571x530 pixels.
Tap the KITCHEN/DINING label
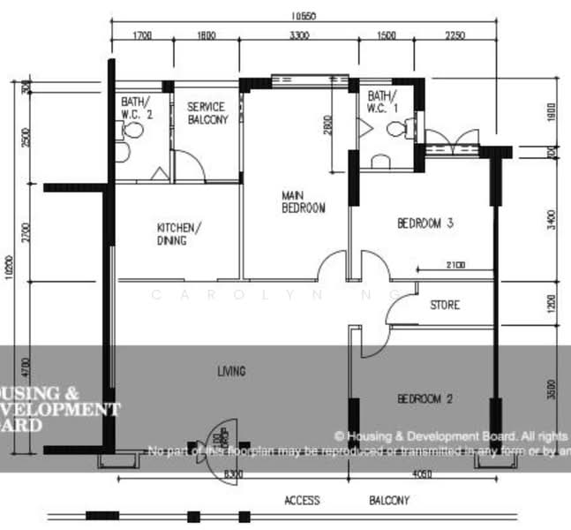[179, 234]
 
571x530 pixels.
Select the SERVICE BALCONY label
[207, 113]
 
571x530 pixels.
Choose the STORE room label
[445, 306]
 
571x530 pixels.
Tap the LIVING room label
[232, 371]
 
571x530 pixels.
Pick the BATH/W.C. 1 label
[382, 102]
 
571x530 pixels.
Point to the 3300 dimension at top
[299, 35]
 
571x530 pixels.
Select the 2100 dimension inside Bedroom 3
[455, 264]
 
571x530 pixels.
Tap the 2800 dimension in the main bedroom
[327, 126]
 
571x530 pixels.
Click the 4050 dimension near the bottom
[423, 475]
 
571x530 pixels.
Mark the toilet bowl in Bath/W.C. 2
[133, 132]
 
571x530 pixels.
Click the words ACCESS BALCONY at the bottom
[345, 501]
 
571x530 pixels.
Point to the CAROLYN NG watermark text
[282, 294]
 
